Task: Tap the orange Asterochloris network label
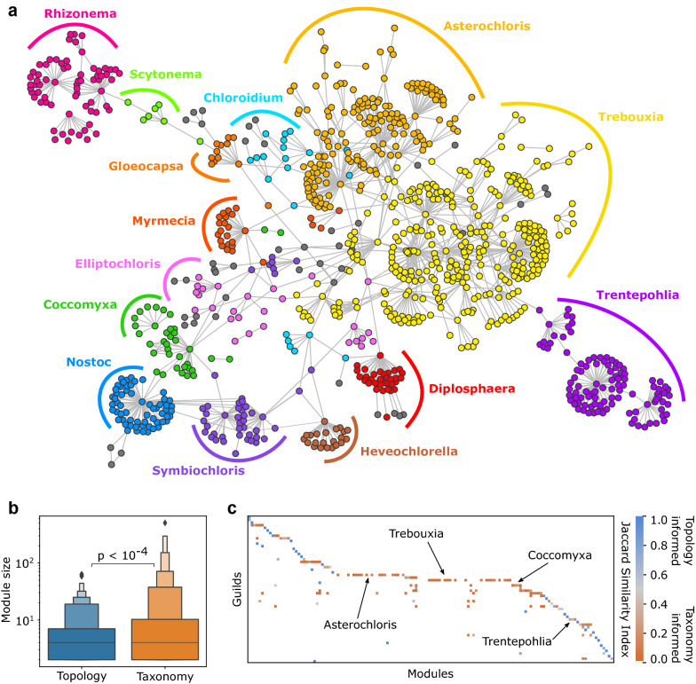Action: pyautogui.click(x=481, y=27)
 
